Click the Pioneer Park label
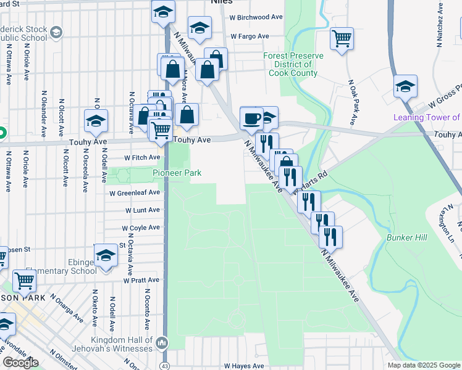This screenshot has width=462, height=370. pos(177,173)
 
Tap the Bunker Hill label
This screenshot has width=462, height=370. pos(404,237)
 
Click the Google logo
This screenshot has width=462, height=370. pos(21,363)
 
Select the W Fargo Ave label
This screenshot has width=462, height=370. pos(250,36)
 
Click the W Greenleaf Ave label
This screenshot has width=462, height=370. pos(135,192)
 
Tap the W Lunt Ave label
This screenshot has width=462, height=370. pos(142,210)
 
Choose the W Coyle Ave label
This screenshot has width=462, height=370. pos(141,228)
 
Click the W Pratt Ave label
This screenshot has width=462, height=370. pos(141,280)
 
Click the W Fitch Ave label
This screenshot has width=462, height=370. pos(142,158)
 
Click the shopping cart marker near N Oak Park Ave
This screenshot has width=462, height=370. pos(342,38)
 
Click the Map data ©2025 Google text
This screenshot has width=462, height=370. pos(424,365)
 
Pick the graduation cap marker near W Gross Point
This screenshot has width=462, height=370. pos(405,86)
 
